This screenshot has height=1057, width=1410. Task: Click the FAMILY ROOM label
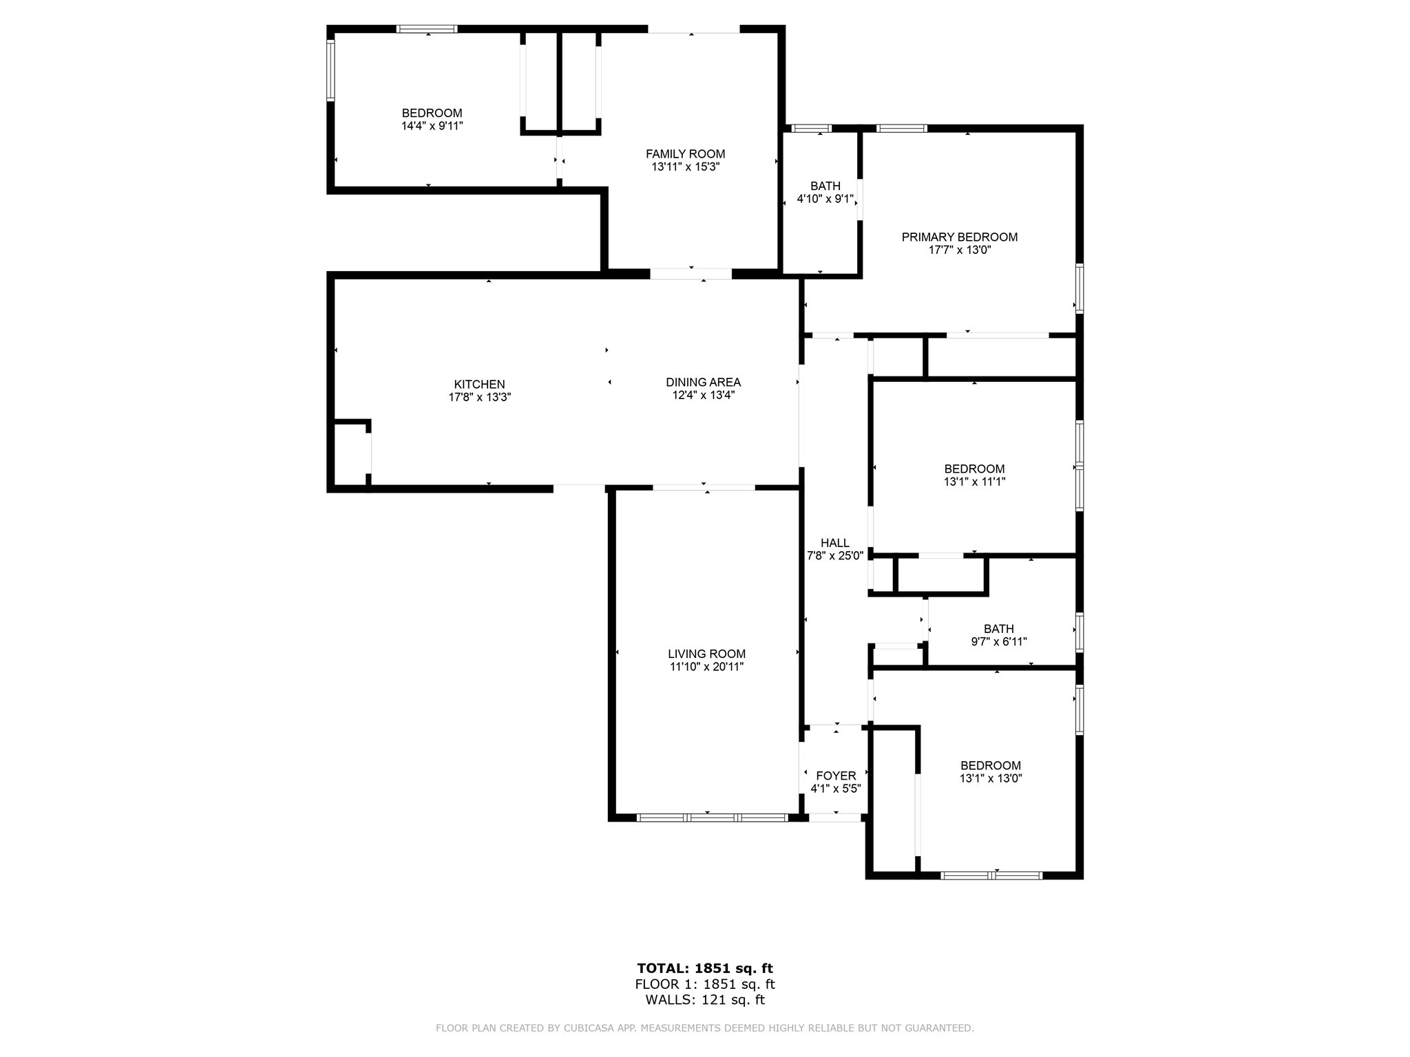pyautogui.click(x=685, y=154)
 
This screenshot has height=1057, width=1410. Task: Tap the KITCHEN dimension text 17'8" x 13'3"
pyautogui.click(x=480, y=397)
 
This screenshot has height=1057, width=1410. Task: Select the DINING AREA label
pyautogui.click(x=703, y=382)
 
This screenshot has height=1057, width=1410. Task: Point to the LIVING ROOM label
pyautogui.click(x=706, y=654)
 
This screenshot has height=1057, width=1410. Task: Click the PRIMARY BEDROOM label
pyautogui.click(x=959, y=237)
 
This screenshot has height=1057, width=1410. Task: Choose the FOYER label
pyautogui.click(x=836, y=776)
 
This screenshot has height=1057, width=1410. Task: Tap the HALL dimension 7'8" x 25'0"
pyautogui.click(x=835, y=556)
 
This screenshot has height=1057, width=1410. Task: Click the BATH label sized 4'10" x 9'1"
pyautogui.click(x=825, y=186)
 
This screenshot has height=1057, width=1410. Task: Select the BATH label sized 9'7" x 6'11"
pyautogui.click(x=998, y=628)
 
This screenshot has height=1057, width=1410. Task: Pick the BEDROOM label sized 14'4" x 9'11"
pyautogui.click(x=432, y=113)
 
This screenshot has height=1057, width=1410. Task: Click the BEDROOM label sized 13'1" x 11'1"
pyautogui.click(x=974, y=469)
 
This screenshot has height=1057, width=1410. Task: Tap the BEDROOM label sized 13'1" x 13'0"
pyautogui.click(x=990, y=765)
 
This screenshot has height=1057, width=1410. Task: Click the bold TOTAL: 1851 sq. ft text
pyautogui.click(x=705, y=968)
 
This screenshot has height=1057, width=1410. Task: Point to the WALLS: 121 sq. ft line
pyautogui.click(x=705, y=1000)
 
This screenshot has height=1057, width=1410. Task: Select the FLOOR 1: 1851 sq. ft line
pyautogui.click(x=705, y=984)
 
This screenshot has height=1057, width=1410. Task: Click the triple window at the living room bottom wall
pyautogui.click(x=712, y=818)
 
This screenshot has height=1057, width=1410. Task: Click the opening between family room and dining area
pyautogui.click(x=691, y=274)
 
